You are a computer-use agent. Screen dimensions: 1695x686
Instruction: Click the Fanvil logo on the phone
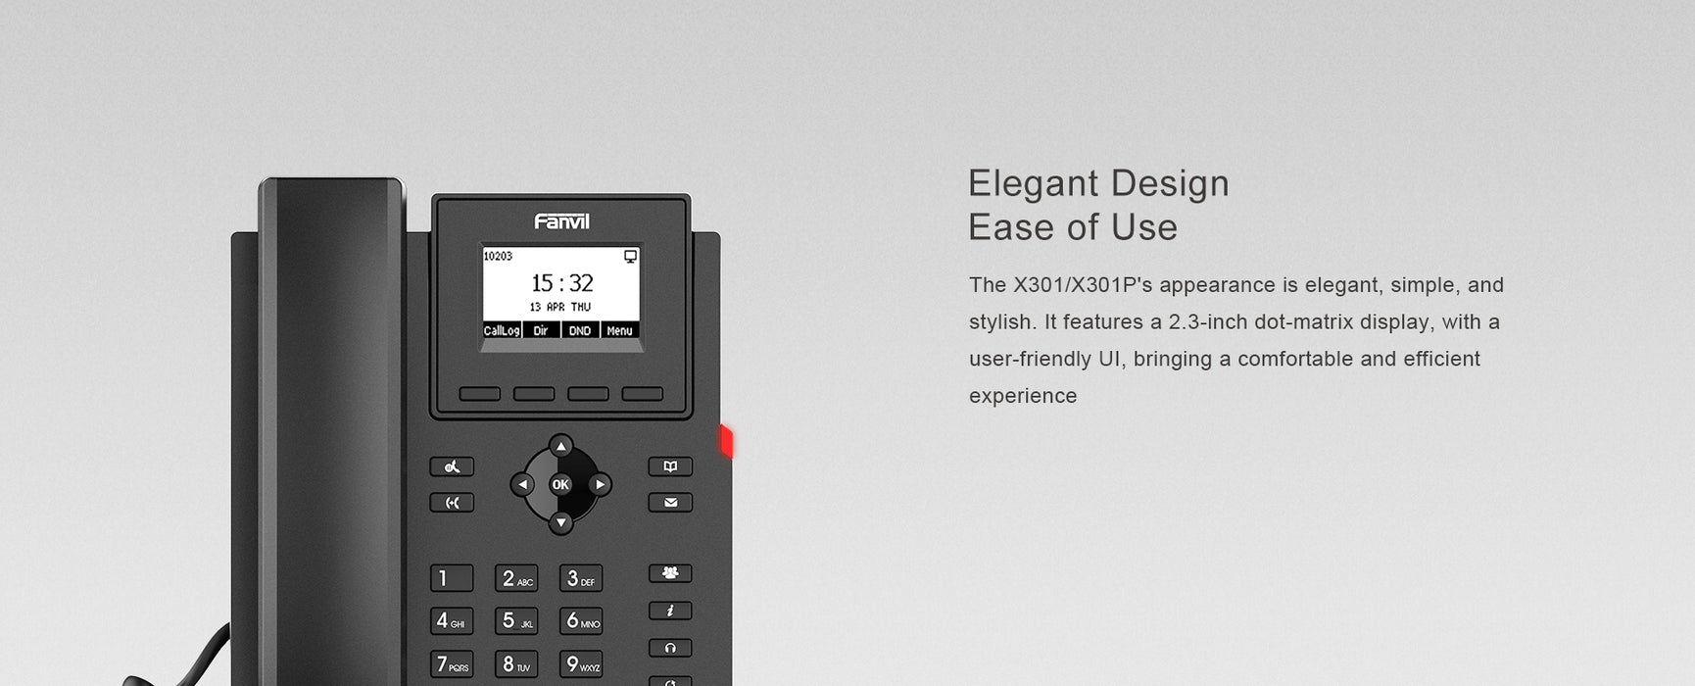[x=561, y=221]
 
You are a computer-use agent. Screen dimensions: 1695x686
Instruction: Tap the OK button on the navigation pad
[x=560, y=484]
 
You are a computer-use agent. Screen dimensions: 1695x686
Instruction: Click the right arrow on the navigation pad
[x=601, y=484]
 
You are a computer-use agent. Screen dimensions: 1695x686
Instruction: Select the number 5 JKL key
[x=516, y=620]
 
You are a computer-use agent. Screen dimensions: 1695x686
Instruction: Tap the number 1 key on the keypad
[x=452, y=578]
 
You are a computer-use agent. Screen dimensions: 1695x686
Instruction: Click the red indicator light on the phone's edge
[x=727, y=441]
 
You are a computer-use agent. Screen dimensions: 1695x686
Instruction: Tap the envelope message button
[x=670, y=503]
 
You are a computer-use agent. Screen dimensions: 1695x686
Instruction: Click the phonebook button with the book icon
[x=670, y=466]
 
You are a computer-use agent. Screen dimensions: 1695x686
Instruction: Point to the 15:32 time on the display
[x=561, y=283]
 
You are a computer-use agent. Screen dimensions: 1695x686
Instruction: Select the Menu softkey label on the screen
[x=619, y=331]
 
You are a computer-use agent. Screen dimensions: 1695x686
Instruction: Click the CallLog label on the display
[x=502, y=331]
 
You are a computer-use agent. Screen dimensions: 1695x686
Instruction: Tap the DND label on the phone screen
[x=580, y=331]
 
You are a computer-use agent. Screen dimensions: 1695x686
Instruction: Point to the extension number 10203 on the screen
[x=498, y=257]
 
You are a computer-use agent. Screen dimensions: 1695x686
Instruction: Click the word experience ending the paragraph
[x=1023, y=396]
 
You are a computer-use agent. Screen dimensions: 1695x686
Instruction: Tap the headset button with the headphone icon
[x=670, y=648]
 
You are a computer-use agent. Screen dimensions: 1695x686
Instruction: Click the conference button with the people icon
[x=670, y=573]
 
